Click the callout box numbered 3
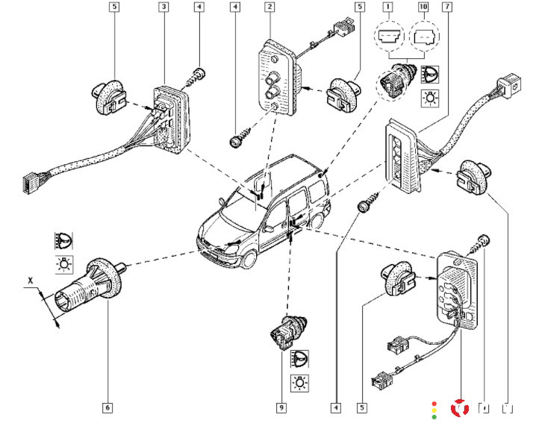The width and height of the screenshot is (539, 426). (163, 7)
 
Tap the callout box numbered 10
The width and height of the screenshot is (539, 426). (424, 7)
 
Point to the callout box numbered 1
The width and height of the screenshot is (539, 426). (387, 7)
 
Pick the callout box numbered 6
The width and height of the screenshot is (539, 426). (108, 407)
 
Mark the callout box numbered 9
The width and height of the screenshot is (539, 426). (281, 407)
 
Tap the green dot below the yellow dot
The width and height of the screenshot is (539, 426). (434, 417)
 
